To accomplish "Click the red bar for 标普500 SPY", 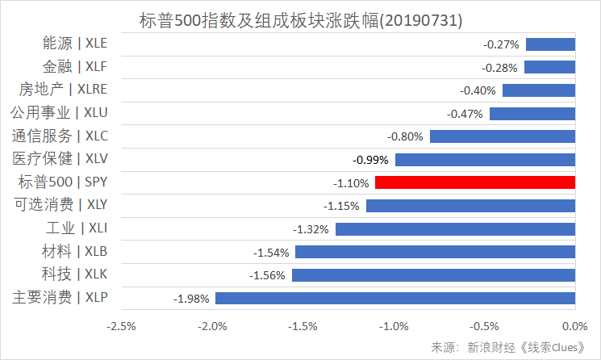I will coord(475,182).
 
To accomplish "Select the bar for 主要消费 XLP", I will coord(395,299).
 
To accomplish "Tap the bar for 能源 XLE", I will coord(550,44).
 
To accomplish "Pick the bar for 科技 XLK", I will coord(433,275).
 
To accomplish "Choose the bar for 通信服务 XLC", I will coord(503,136).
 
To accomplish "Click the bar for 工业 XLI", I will coord(455,229).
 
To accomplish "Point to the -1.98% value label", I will coord(192,299).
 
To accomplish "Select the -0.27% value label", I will coord(501,44).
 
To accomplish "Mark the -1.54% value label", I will coord(271,253).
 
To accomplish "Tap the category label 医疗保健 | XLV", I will coord(60,159).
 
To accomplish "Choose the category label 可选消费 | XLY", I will coord(60,205).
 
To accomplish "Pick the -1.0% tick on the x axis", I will coord(394,325).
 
